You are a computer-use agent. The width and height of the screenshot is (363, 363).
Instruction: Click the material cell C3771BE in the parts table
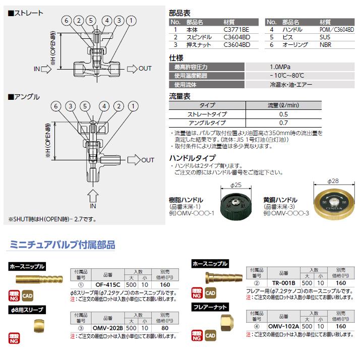(236, 30)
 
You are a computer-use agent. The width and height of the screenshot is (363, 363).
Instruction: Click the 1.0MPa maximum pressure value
(279, 67)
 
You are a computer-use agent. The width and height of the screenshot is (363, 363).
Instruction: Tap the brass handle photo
(331, 200)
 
